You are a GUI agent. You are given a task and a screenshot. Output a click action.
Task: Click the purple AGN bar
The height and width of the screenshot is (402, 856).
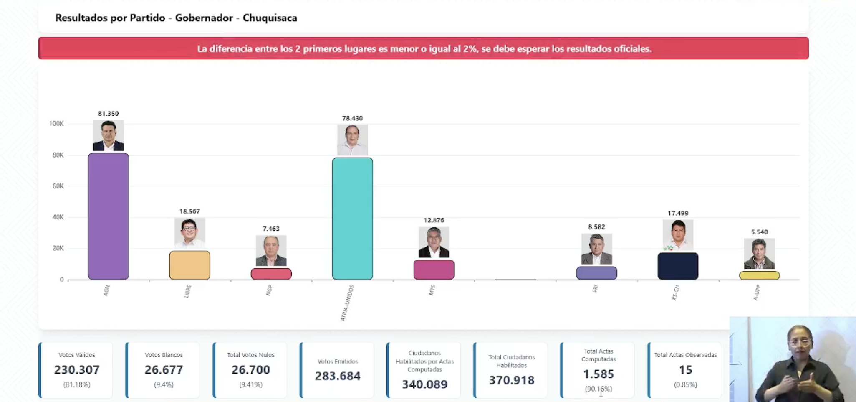108,216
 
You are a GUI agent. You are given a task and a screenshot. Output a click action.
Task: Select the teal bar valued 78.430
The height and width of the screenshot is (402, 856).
352,219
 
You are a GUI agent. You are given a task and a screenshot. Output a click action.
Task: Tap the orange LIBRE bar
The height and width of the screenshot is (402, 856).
189,265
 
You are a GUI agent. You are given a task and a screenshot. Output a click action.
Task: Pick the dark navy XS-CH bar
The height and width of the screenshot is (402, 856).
678,266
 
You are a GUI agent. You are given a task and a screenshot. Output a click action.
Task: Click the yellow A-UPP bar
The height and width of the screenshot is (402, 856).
759,275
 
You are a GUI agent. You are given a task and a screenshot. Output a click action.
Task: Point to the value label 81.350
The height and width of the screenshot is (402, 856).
108,114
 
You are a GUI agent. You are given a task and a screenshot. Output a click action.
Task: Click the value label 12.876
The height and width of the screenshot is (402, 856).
434,220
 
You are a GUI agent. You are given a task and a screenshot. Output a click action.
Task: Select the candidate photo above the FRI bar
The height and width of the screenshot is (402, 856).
596,249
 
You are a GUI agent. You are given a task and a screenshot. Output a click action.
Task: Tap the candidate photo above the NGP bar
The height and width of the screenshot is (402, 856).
271,251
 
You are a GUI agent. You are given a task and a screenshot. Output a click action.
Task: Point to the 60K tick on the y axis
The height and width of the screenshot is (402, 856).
58,186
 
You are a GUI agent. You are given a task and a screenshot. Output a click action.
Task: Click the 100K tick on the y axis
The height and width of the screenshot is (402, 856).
56,124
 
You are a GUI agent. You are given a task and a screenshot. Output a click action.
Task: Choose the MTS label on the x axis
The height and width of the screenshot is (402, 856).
432,290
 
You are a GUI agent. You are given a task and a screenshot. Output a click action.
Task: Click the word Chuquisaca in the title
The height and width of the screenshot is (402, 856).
270,18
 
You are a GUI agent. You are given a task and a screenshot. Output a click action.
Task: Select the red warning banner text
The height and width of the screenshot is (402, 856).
424,49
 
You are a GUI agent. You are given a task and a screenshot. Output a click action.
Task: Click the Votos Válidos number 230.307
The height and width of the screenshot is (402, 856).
77,370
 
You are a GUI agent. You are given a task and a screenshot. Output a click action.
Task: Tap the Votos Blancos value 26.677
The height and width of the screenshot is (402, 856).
164,370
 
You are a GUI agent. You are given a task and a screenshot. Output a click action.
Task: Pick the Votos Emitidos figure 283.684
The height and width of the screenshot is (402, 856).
337,376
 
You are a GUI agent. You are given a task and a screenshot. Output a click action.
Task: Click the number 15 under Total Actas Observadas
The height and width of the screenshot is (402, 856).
685,370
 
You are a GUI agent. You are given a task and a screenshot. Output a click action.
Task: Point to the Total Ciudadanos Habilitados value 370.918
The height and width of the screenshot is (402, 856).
512,380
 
